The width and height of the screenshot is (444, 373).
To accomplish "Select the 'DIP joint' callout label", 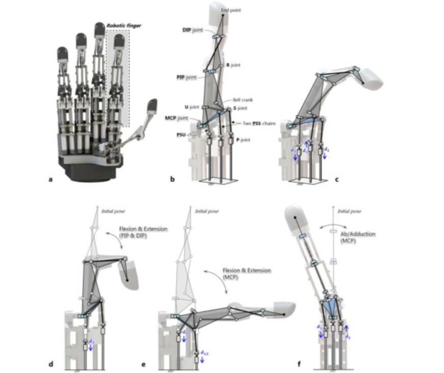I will [x=193, y=30].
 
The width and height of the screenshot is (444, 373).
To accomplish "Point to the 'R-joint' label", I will [x=233, y=65].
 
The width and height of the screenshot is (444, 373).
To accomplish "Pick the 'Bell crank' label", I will [x=243, y=100].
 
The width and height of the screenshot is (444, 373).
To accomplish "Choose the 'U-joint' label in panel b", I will [x=191, y=107].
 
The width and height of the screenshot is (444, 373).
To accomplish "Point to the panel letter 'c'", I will [x=337, y=180].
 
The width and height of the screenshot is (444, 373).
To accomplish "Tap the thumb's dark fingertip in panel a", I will [x=152, y=106].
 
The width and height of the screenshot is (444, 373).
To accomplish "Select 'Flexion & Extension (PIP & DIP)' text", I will [x=142, y=232].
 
